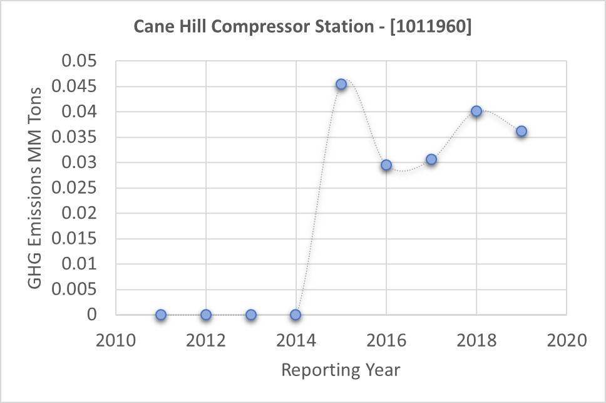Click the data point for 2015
click(x=341, y=84)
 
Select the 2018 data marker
click(x=476, y=111)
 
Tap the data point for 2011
click(x=161, y=315)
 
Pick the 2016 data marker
click(x=386, y=165)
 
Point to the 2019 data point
click(x=521, y=131)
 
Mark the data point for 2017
click(x=431, y=160)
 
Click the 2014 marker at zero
click(x=295, y=315)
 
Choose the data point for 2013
click(x=251, y=315)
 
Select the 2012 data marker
click(x=206, y=315)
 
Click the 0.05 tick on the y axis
click(x=80, y=61)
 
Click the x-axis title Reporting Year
click(x=341, y=370)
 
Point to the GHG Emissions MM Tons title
click(x=36, y=188)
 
